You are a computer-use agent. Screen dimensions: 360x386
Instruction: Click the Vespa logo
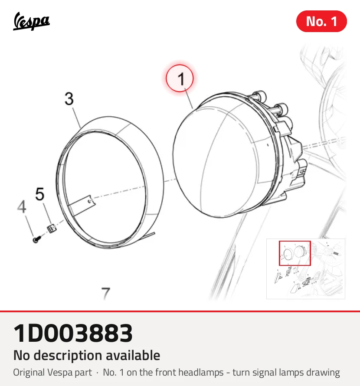[31, 21]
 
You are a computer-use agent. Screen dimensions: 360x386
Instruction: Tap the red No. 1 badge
[321, 21]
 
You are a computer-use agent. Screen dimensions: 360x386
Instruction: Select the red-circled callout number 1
[180, 78]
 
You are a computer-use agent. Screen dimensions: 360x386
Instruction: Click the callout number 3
[69, 99]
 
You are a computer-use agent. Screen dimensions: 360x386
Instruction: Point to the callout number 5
[39, 194]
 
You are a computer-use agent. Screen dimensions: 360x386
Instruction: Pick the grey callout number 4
[22, 206]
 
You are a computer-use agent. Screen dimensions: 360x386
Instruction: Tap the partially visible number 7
[106, 294]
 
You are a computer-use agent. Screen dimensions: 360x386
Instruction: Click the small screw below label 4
[37, 239]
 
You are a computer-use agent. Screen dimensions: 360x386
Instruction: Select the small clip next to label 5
[52, 229]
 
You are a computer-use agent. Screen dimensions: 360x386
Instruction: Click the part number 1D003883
[73, 333]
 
